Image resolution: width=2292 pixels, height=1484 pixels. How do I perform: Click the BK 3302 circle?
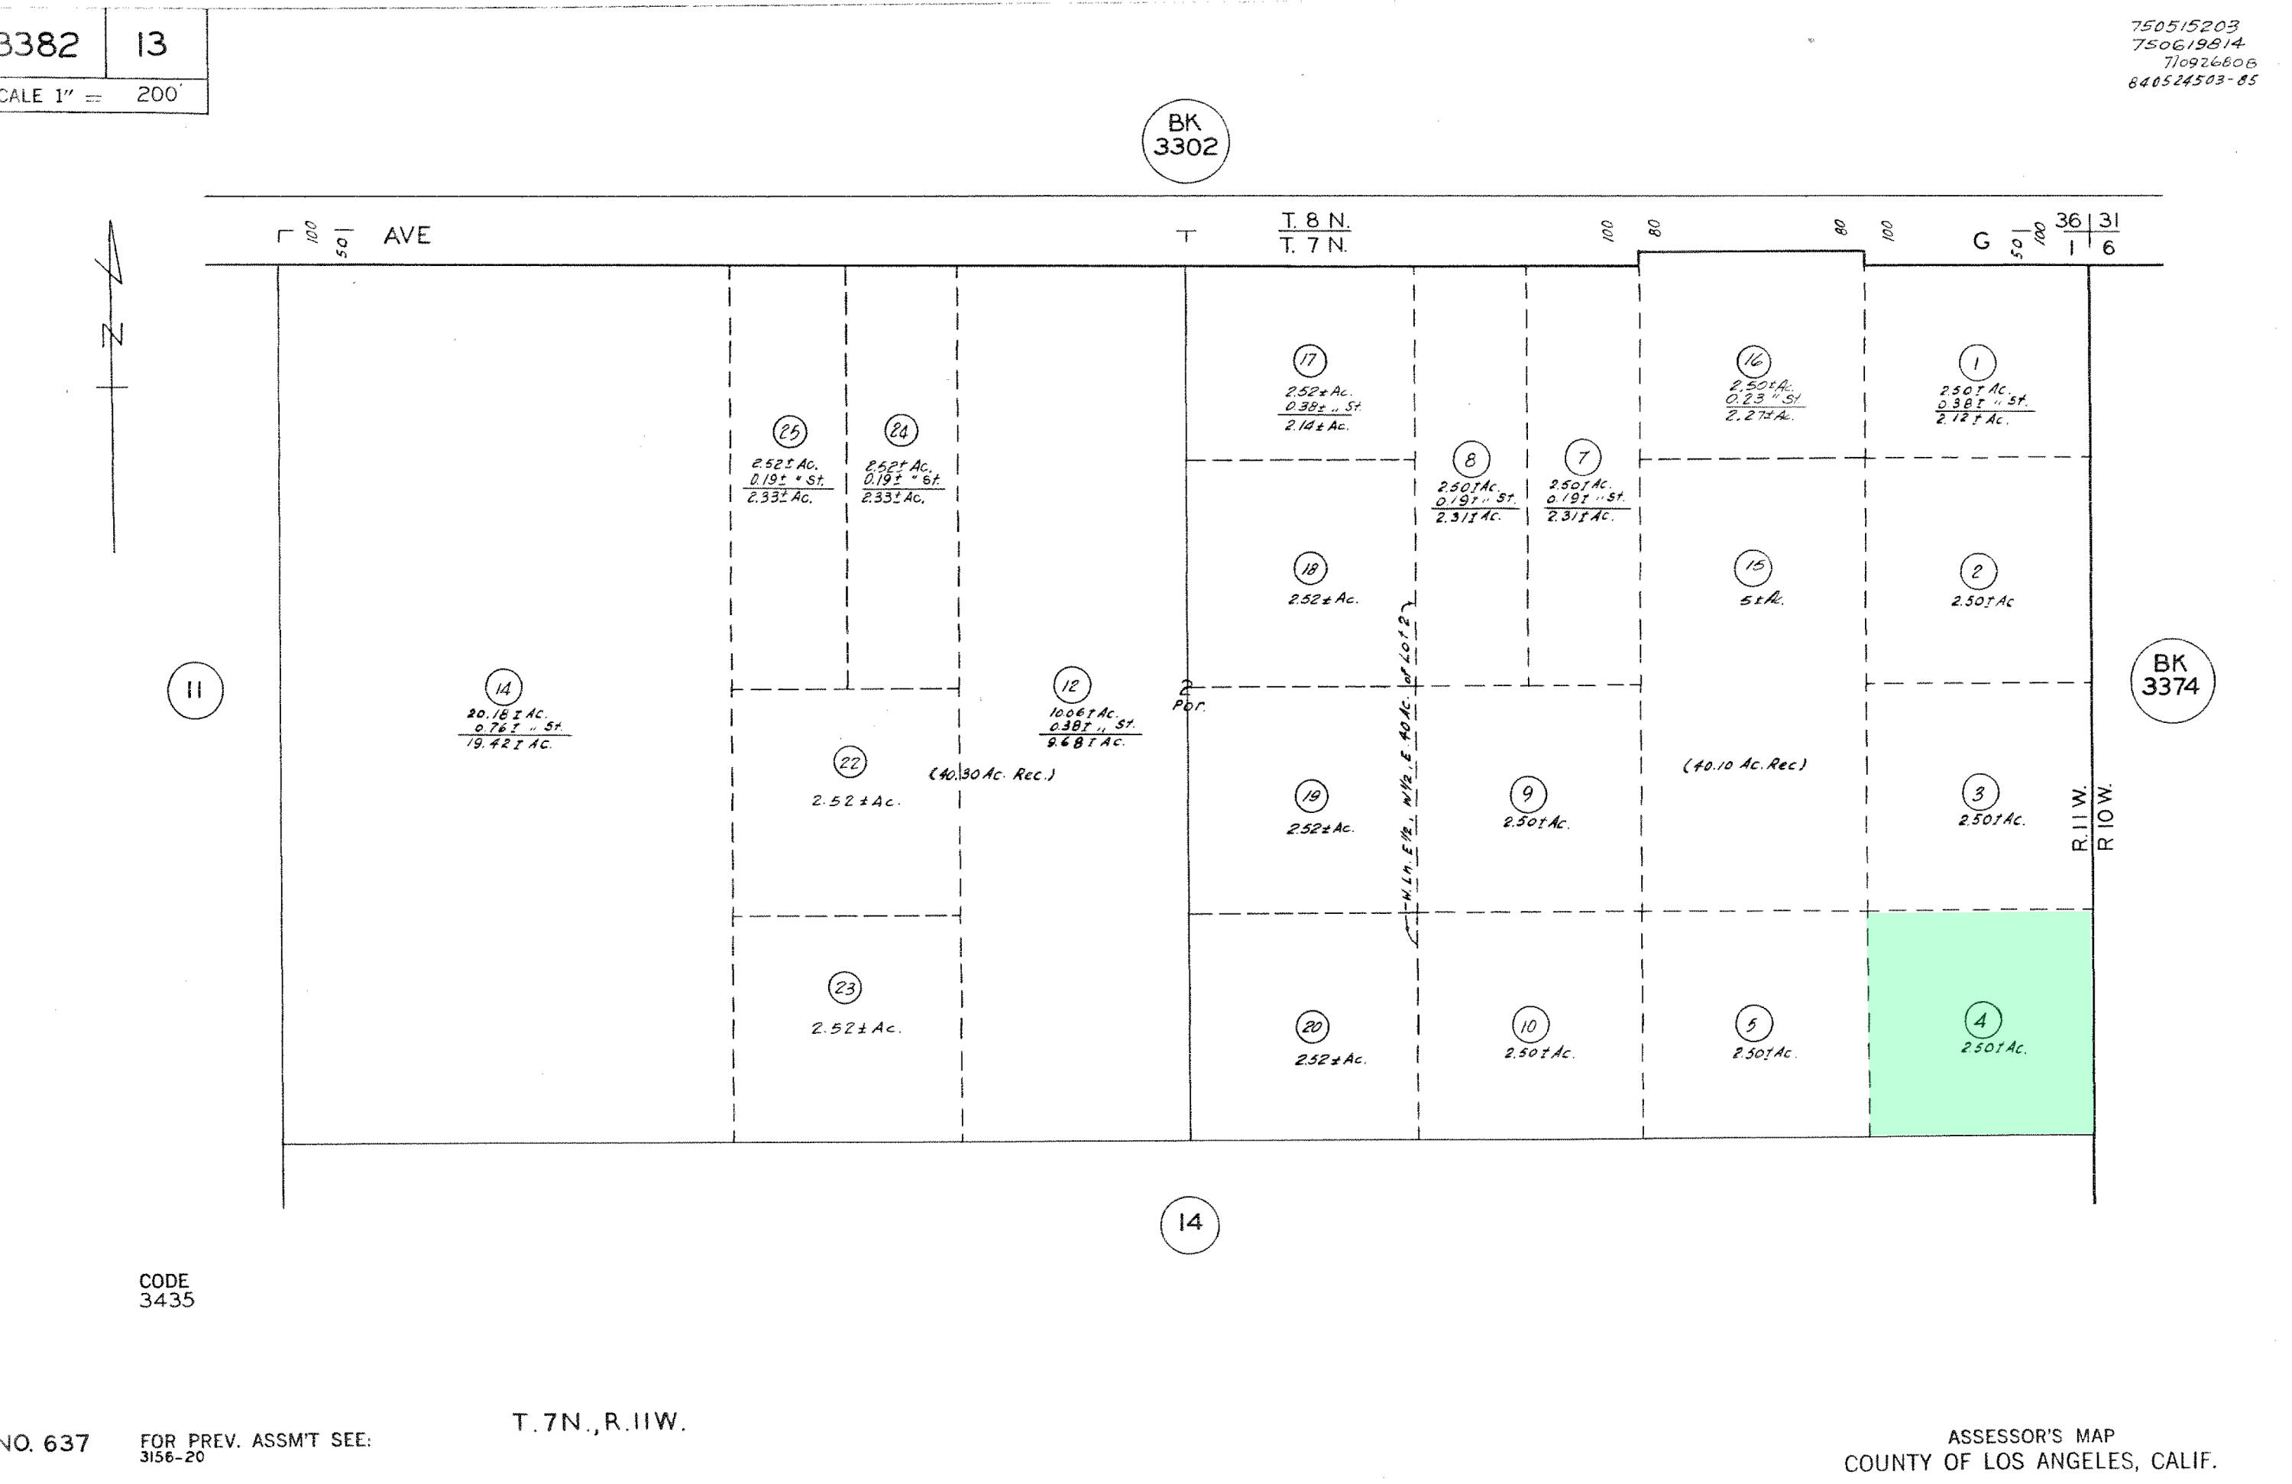tap(1186, 141)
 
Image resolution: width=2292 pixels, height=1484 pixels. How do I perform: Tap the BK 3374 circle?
tap(2171, 681)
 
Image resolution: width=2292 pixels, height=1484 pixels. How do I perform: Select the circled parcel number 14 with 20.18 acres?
tap(503, 689)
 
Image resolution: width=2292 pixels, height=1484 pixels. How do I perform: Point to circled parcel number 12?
tap(1071, 685)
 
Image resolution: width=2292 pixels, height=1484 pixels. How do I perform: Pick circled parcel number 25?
tap(790, 432)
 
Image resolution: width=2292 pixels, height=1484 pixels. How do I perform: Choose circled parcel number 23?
tap(844, 988)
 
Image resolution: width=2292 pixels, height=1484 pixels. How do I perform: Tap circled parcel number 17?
tap(1309, 361)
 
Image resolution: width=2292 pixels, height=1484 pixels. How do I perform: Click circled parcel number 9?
tap(1527, 795)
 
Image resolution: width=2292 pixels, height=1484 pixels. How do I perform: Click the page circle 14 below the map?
tap(1190, 1223)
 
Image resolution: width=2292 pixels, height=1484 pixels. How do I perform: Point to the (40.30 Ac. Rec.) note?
tap(992, 774)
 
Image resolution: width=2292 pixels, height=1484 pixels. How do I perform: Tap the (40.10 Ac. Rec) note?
tap(1744, 766)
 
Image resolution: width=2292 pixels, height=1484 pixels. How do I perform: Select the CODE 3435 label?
tap(166, 1291)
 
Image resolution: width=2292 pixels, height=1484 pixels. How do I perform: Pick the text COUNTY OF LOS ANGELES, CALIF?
tap(2030, 1462)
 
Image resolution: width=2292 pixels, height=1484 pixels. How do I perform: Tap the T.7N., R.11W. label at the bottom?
tap(598, 1422)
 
